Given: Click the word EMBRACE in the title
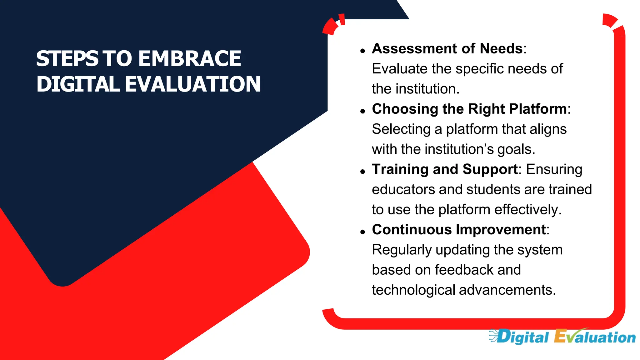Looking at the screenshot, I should click(190, 59).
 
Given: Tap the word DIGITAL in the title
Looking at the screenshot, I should click(78, 84).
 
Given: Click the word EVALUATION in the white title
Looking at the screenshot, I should click(192, 84).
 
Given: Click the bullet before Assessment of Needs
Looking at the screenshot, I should click(362, 51).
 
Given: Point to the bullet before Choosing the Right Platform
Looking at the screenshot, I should click(362, 111).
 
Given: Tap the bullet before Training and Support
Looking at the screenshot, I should click(362, 172).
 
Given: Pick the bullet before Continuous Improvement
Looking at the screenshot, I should click(362, 232).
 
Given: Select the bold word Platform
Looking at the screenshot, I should click(538, 109).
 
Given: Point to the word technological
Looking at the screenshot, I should click(413, 290).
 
